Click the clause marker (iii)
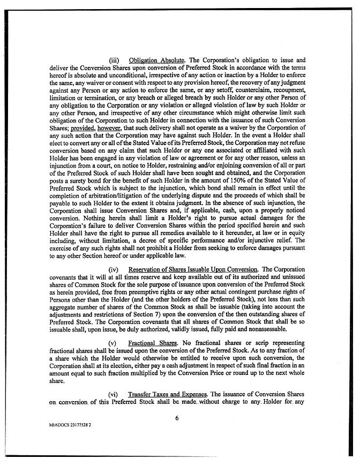pos(114,61)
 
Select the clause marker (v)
pos(113,341)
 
